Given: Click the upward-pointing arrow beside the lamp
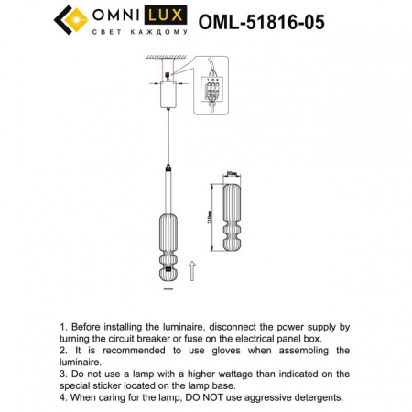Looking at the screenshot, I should click(190, 270).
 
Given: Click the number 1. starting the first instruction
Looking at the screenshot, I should click(63, 326).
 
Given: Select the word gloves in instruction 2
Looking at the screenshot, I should click(229, 351).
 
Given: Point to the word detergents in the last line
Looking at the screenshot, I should click(309, 398).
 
